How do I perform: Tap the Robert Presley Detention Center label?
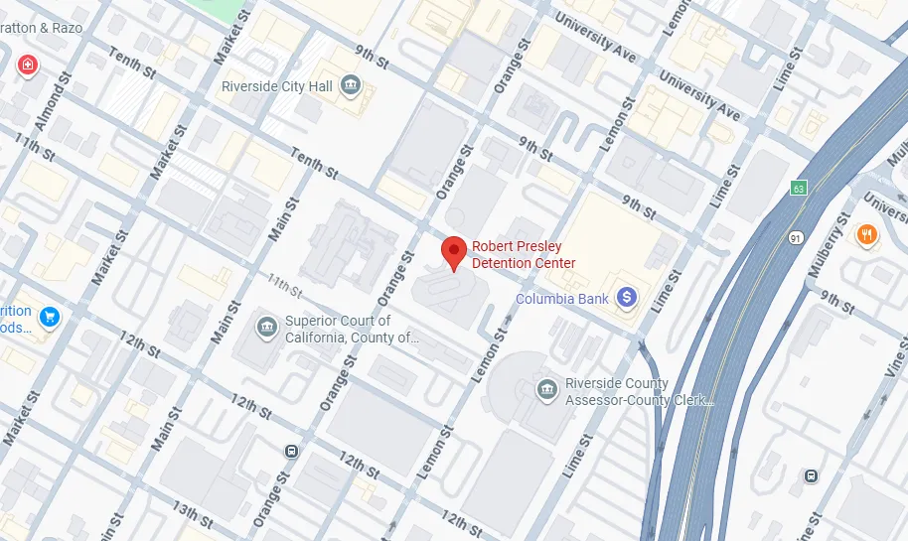point(523,255)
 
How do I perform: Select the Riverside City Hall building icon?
point(350,86)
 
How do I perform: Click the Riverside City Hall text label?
point(277,87)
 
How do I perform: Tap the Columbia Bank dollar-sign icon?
point(627,297)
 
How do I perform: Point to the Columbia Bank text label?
point(562,299)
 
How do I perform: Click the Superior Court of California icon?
point(266,328)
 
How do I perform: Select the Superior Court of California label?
point(352,330)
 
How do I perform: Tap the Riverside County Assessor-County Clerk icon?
point(546,390)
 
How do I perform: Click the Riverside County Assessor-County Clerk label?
point(639,392)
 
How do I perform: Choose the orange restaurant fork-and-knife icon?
point(867,235)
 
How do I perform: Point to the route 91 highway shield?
point(796,238)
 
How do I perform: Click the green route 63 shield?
point(798,188)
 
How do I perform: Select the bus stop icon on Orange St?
point(291,452)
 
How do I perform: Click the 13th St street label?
point(192,514)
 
